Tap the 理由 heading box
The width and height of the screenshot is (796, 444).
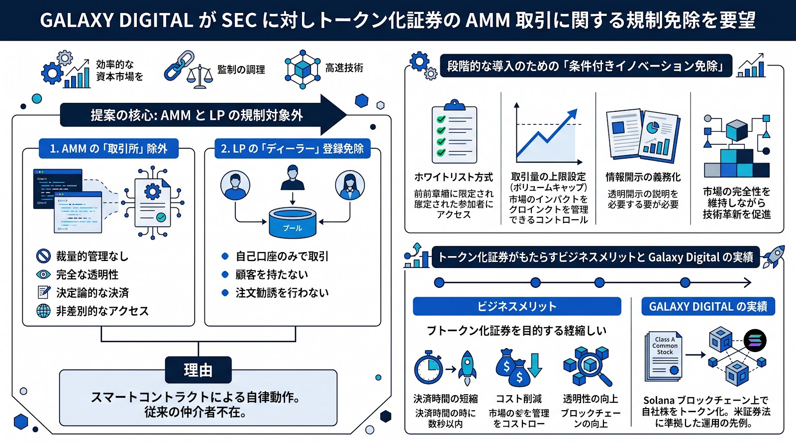pos(198,370)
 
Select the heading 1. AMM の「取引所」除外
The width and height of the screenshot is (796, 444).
pos(108,149)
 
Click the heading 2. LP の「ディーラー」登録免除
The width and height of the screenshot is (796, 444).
pos(292,149)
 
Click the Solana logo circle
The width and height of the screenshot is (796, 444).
pos(755,341)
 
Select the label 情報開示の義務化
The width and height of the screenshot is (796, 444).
pos(643,177)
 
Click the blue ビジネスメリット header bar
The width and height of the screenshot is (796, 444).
pos(516,306)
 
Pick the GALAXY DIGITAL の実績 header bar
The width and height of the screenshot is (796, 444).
pos(708,306)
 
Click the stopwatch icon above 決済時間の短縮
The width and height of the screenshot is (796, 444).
pos(428,368)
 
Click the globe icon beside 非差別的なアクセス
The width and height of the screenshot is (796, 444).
pos(44,311)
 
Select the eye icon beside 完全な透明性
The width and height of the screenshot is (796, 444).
pos(44,274)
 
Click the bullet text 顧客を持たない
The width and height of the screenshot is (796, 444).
pos(272,274)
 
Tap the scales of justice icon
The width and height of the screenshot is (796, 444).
pos(199,78)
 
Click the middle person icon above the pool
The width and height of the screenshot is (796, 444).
pos(293,178)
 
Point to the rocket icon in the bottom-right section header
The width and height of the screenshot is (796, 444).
pos(774,256)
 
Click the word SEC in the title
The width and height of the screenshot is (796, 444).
pos(239,20)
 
